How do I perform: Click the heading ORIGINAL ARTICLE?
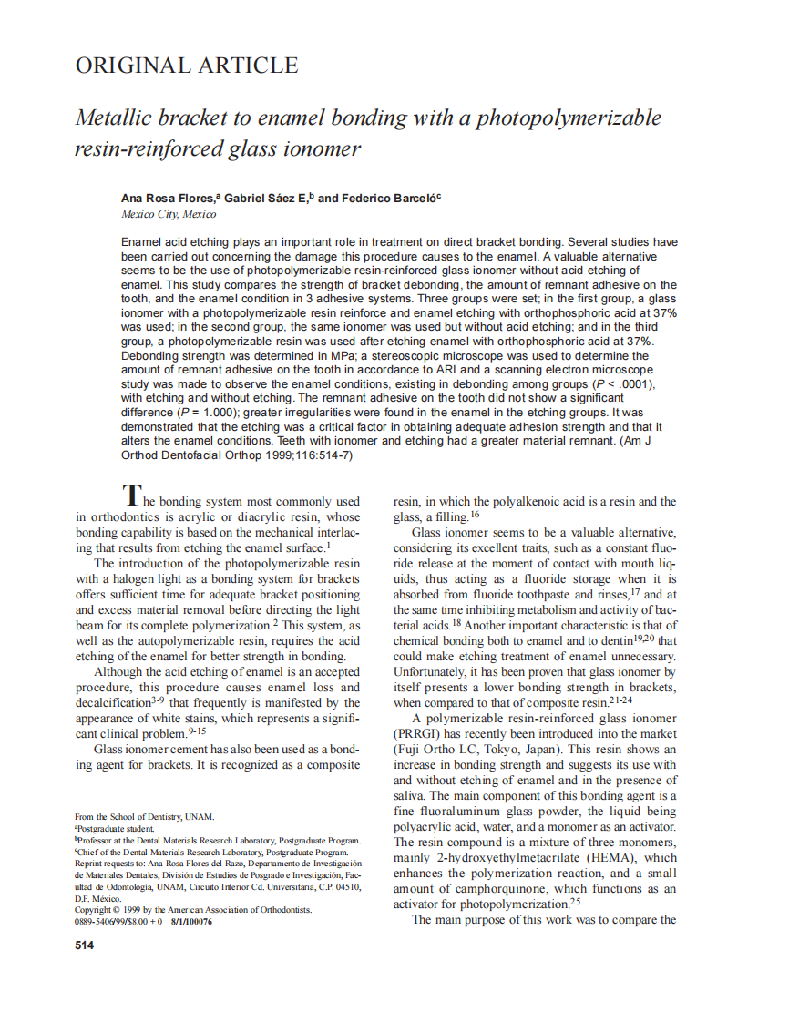pyautogui.click(x=186, y=66)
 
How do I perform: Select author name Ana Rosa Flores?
pyautogui.click(x=162, y=198)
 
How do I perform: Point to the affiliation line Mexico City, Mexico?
pyautogui.click(x=169, y=214)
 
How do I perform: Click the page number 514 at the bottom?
pyautogui.click(x=84, y=945)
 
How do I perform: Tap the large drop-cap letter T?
pyautogui.click(x=131, y=496)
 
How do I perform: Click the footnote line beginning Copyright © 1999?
pyautogui.click(x=193, y=910)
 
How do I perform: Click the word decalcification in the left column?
pyautogui.click(x=113, y=703)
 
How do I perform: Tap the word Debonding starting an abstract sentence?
pyautogui.click(x=151, y=354)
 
